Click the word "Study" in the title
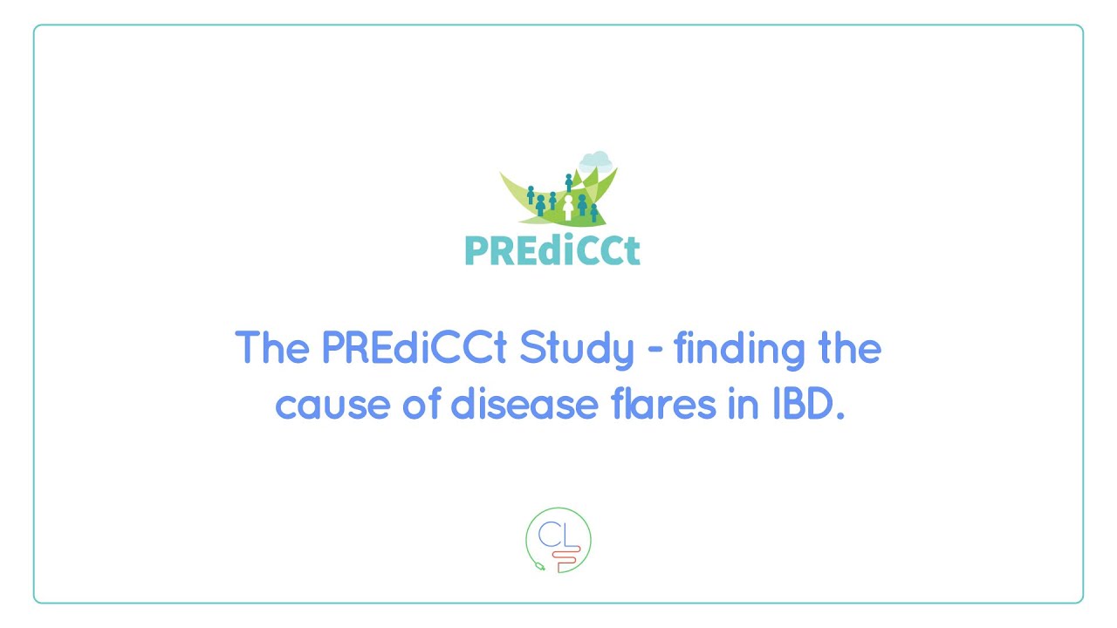click(577, 350)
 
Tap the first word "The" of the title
click(272, 350)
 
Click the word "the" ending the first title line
click(847, 350)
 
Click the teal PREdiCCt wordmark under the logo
click(552, 250)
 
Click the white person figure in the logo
click(568, 208)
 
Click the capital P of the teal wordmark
click(476, 250)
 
